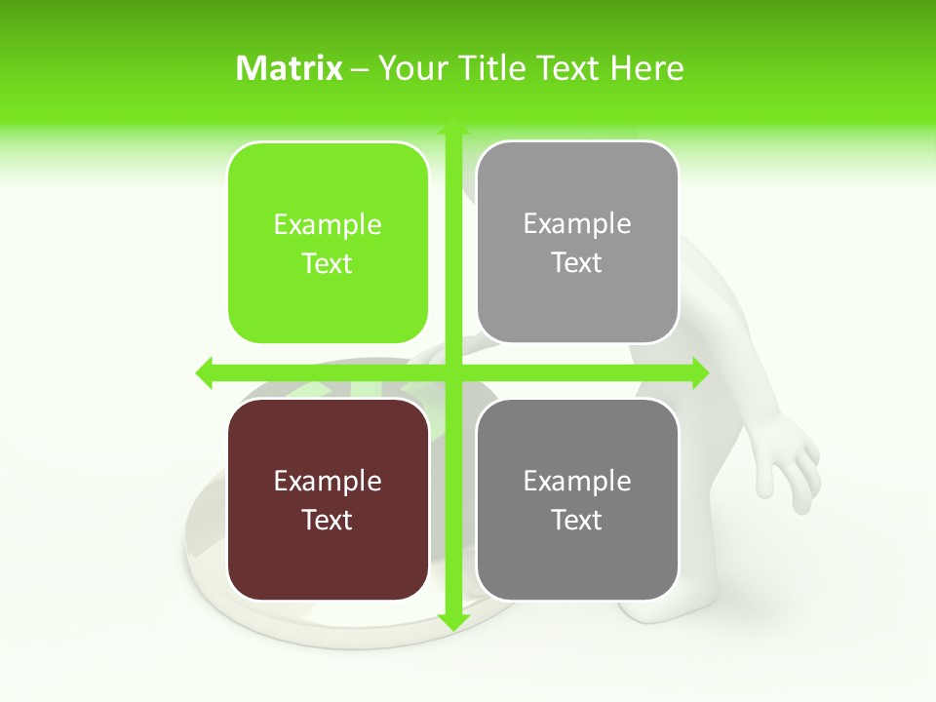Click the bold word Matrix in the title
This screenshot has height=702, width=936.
pyautogui.click(x=290, y=68)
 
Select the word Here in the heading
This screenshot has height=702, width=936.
pyautogui.click(x=646, y=68)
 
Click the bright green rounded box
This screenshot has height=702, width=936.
pyautogui.click(x=328, y=243)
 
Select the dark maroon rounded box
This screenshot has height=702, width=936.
pyautogui.click(x=328, y=499)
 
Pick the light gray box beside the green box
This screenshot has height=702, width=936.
pyautogui.click(x=577, y=243)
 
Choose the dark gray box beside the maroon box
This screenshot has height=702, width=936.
pyautogui.click(x=577, y=499)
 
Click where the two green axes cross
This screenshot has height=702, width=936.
pyautogui.click(x=452, y=372)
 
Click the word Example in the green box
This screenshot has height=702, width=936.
pyautogui.click(x=328, y=225)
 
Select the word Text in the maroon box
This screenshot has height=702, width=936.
pyautogui.click(x=328, y=520)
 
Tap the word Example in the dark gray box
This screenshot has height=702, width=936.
pyautogui.click(x=577, y=481)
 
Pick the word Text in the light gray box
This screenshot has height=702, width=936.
pyautogui.click(x=577, y=263)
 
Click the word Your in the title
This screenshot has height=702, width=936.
pyautogui.click(x=409, y=68)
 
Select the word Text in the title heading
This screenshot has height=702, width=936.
pyautogui.click(x=566, y=68)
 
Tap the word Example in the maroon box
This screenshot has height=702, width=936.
pyautogui.click(x=328, y=481)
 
